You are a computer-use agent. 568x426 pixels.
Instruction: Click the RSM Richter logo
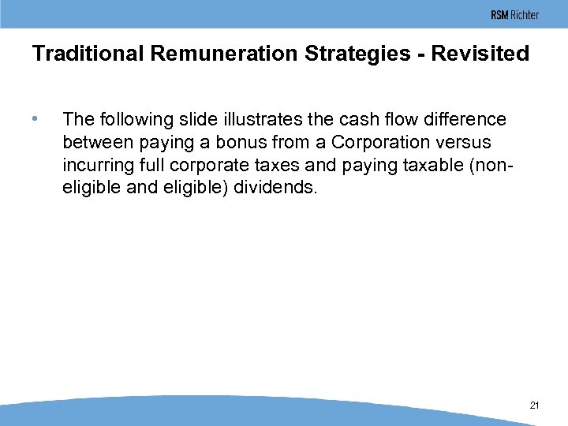514,15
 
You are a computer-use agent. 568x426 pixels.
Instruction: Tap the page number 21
534,405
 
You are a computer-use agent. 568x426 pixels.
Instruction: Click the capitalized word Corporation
379,143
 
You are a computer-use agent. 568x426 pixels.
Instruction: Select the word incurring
95,166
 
